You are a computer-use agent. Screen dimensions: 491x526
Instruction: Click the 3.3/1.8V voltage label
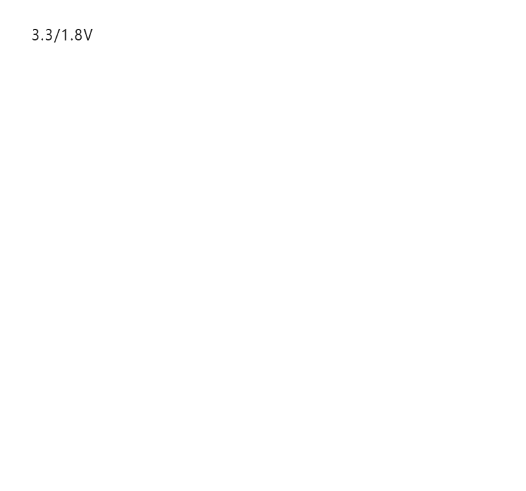[62, 35]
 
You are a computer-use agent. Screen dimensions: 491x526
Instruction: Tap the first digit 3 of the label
[36, 35]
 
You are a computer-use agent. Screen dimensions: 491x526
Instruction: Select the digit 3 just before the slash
[49, 35]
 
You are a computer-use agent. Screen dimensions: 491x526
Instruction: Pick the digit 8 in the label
[77, 35]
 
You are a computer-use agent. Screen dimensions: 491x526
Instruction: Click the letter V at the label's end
[87, 35]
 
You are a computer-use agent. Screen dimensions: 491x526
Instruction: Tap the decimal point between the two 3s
[43, 40]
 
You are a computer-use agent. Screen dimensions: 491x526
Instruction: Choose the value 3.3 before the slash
[43, 35]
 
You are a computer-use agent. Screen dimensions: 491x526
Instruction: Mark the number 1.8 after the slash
[71, 35]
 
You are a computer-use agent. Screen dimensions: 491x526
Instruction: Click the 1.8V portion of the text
[77, 35]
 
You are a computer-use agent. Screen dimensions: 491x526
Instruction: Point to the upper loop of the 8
[77, 32]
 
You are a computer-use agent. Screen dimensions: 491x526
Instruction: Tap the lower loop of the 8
[77, 38]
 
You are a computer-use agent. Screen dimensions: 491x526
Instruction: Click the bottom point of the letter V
[87, 41]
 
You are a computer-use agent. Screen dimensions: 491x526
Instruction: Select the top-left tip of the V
[83, 29]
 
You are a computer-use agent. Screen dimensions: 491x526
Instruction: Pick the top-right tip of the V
[92, 29]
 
